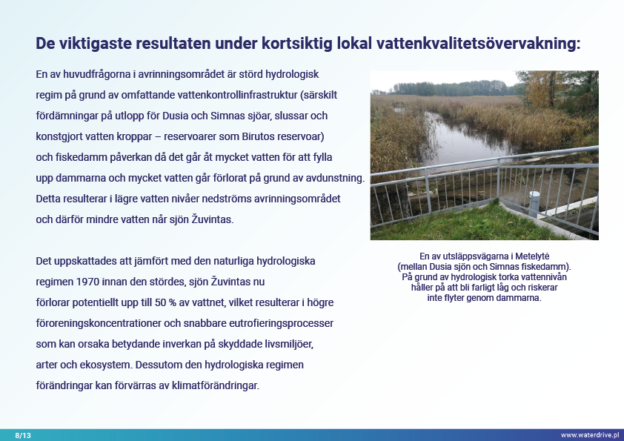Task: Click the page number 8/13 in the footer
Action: tap(23, 435)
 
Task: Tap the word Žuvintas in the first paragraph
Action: tap(214, 219)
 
